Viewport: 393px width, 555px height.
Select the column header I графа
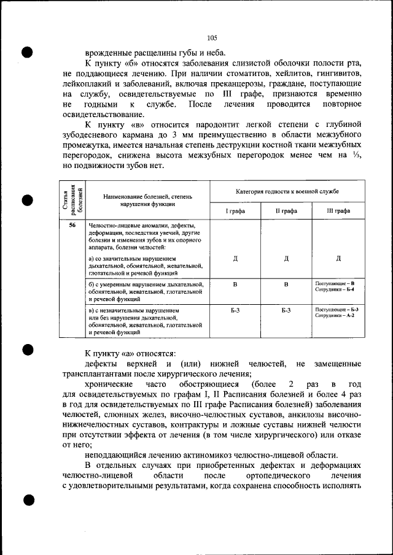(x=235, y=210)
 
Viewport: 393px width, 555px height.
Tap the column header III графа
(x=338, y=210)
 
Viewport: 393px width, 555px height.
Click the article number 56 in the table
(x=72, y=225)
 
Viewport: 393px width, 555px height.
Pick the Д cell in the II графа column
(x=287, y=258)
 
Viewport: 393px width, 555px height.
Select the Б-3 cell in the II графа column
(x=287, y=311)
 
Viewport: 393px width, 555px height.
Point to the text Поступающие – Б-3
(x=337, y=309)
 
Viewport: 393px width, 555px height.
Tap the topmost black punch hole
(x=28, y=51)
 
